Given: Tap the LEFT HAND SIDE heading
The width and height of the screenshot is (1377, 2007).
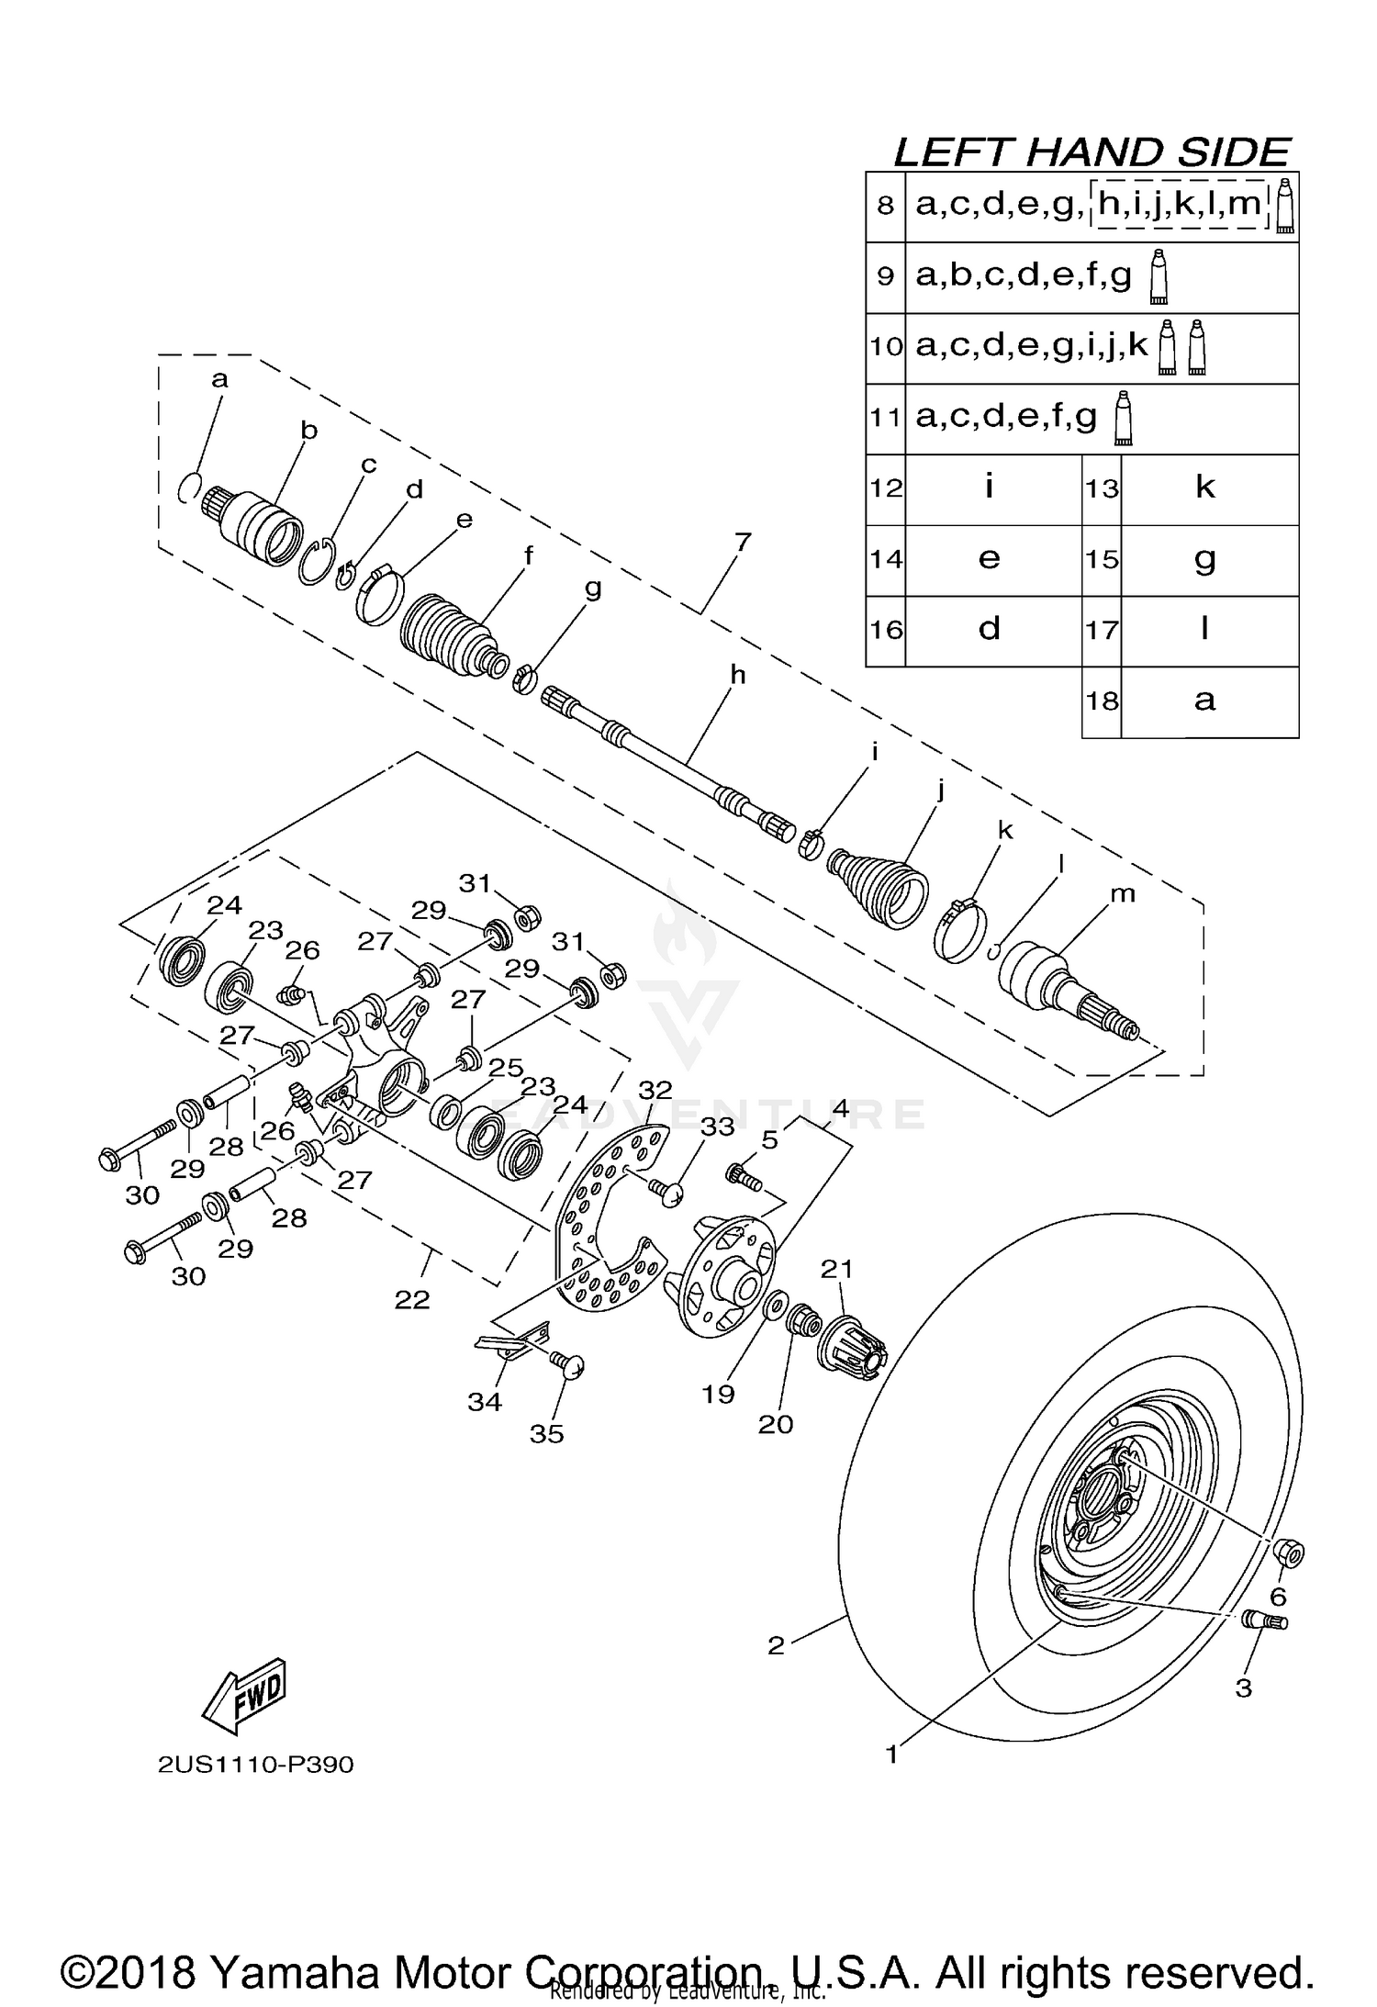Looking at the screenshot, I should click(1092, 151).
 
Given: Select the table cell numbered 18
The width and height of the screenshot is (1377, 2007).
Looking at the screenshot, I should click(1103, 701).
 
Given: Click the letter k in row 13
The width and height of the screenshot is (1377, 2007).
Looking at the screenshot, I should click(1205, 488).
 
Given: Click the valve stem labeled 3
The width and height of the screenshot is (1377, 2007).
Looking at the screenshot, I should click(1265, 1621).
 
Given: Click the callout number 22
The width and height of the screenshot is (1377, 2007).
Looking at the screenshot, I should click(412, 1299).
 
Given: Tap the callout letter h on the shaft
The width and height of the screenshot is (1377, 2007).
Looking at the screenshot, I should click(737, 676).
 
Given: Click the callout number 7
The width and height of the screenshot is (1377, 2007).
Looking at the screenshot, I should click(742, 542).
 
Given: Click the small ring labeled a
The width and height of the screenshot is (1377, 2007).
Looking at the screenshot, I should click(188, 487).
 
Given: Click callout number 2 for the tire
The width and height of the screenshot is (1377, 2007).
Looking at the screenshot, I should click(776, 1645).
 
